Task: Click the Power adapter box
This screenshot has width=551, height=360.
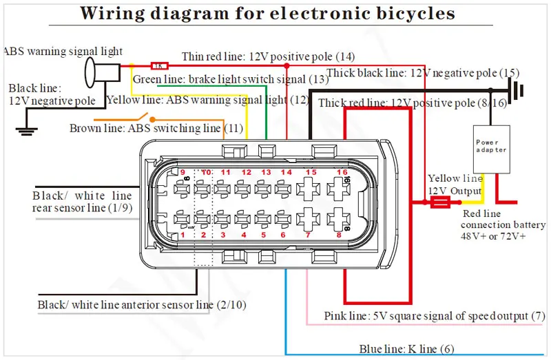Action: click(x=491, y=149)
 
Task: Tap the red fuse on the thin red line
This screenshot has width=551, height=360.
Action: click(x=160, y=65)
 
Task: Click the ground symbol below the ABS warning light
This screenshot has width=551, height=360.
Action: click(x=26, y=131)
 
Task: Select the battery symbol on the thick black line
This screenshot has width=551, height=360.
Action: click(x=517, y=90)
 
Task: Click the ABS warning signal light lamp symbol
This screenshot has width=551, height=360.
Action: click(x=102, y=72)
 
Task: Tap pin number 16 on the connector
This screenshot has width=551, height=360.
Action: click(x=342, y=172)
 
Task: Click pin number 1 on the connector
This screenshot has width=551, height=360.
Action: click(x=183, y=235)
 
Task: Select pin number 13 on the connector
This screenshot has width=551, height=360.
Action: click(x=266, y=172)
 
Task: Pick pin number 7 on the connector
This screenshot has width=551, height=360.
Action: click(x=308, y=235)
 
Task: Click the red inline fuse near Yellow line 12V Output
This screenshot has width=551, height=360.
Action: click(x=440, y=202)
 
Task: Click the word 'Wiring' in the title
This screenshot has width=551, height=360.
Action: click(x=112, y=13)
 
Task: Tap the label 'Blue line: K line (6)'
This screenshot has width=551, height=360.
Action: click(x=406, y=349)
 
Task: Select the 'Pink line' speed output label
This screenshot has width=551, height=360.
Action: click(x=435, y=316)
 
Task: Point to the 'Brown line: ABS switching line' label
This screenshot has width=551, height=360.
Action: click(x=156, y=128)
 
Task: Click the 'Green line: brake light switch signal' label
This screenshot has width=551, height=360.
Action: click(x=231, y=79)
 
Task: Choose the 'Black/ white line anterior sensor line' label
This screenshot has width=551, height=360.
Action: click(x=142, y=304)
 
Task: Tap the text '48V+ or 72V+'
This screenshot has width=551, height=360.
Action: click(x=493, y=236)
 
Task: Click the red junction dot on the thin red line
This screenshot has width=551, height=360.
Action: click(x=287, y=65)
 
